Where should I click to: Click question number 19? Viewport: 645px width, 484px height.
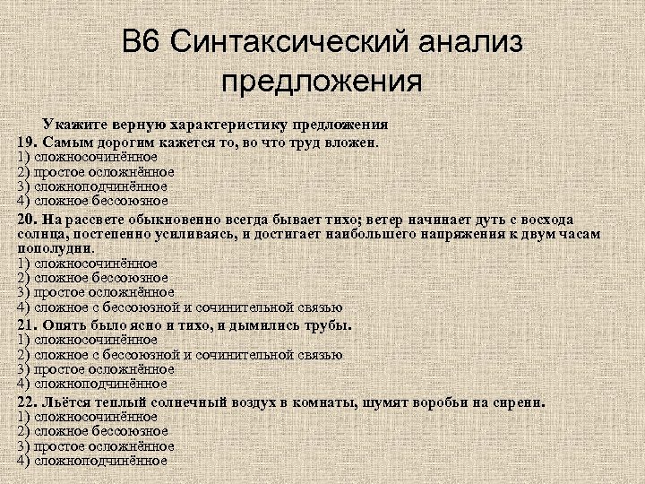click(x=27, y=142)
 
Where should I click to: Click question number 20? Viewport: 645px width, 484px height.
click(x=27, y=220)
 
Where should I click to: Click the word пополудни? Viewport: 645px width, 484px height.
click(x=56, y=248)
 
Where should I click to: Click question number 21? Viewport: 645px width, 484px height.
click(x=27, y=324)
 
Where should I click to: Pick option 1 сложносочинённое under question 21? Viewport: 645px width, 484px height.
click(x=93, y=340)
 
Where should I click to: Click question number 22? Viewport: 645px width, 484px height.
click(x=27, y=402)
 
